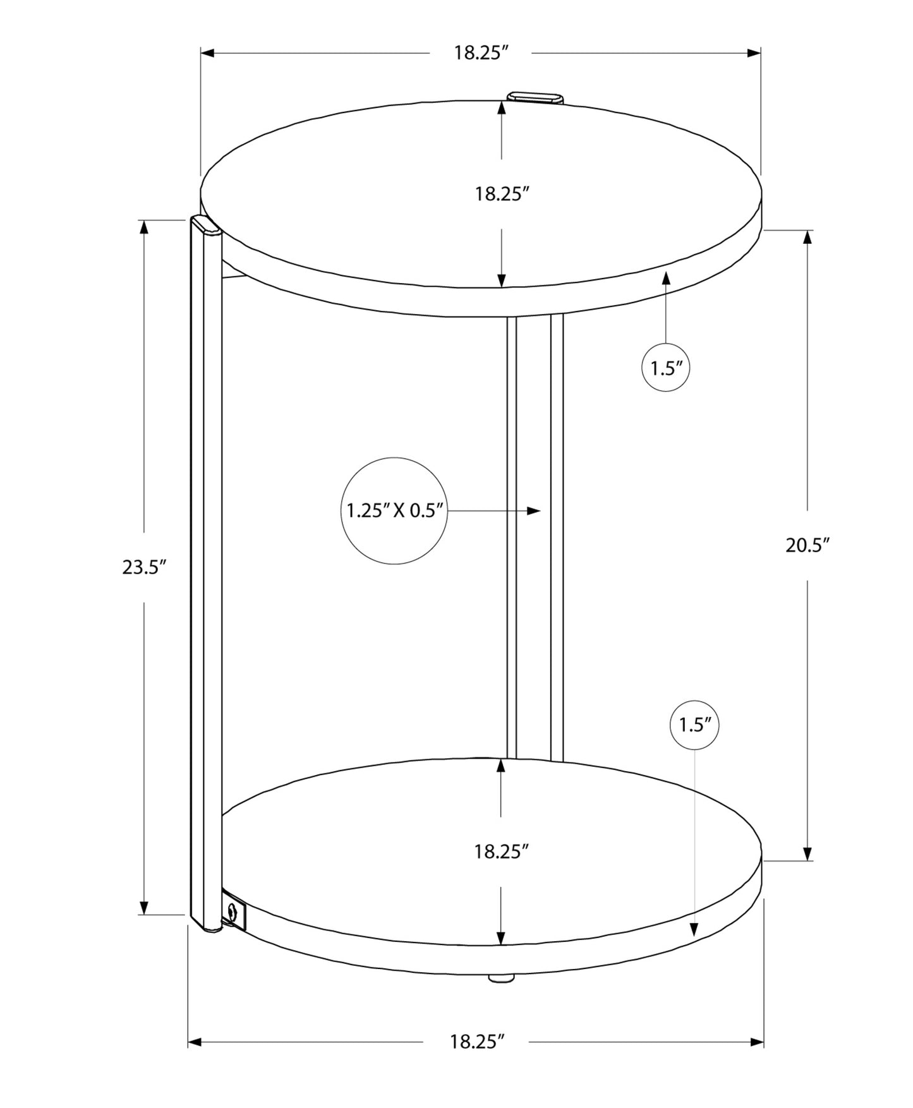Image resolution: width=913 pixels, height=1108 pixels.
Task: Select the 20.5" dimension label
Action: pyautogui.click(x=807, y=545)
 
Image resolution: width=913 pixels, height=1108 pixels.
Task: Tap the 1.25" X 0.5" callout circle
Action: pyautogui.click(x=394, y=510)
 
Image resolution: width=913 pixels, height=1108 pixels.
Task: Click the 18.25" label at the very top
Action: pyautogui.click(x=481, y=52)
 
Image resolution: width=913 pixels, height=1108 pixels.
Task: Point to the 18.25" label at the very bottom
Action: pyautogui.click(x=477, y=1041)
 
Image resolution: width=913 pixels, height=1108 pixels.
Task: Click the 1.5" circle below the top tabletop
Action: pyautogui.click(x=665, y=368)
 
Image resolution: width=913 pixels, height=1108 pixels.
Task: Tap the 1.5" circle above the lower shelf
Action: pyautogui.click(x=694, y=725)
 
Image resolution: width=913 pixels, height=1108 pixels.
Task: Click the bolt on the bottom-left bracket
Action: pyautogui.click(x=233, y=912)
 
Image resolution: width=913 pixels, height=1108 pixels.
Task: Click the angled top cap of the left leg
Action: pyautogui.click(x=206, y=225)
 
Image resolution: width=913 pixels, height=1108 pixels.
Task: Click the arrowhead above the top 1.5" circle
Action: pyautogui.click(x=665, y=279)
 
